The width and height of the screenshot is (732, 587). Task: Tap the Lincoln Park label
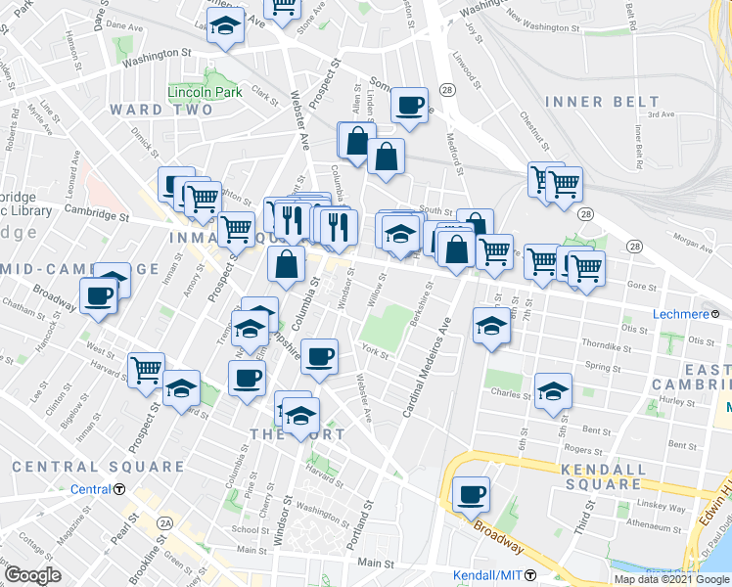204,92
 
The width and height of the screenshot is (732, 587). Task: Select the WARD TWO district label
161,110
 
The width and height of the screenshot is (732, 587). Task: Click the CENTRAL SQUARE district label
98,468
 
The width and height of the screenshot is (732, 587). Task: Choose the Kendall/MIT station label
486,574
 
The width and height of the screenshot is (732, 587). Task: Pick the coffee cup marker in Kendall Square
472,494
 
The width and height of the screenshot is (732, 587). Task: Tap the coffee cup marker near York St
319,357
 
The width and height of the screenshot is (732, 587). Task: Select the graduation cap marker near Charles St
554,390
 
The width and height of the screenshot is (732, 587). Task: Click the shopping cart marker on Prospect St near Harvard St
146,370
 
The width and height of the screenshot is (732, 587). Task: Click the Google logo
33,574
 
